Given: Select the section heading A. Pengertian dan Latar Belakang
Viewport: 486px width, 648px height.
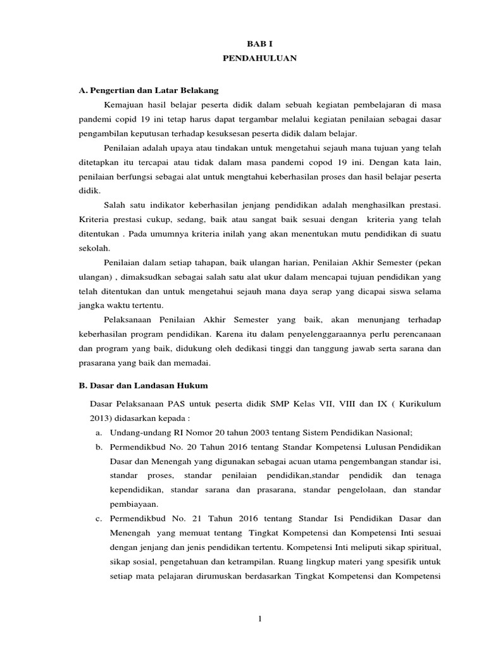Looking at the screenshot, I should click(x=149, y=90).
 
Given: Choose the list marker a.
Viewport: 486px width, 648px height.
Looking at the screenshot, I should click(x=99, y=432).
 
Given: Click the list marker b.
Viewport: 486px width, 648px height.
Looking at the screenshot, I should click(x=99, y=447).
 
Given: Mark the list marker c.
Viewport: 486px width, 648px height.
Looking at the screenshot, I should click(x=99, y=520).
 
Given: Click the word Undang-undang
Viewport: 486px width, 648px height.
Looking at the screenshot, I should click(x=139, y=432).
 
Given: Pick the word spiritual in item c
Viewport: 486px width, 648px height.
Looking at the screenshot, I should click(x=423, y=549).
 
